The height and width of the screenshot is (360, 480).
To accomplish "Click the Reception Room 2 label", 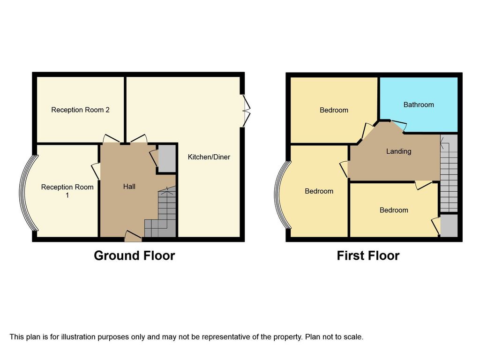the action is pyautogui.click(x=80, y=110).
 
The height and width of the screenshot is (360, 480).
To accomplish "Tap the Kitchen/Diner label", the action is pyautogui.click(x=209, y=157).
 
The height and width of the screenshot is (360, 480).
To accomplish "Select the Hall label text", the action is pyautogui.click(x=129, y=187).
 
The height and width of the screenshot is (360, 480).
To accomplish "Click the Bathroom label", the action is pyautogui.click(x=419, y=105).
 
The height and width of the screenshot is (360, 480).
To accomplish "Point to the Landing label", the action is pyautogui.click(x=398, y=151).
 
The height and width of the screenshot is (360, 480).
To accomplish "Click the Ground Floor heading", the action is pyautogui.click(x=135, y=255).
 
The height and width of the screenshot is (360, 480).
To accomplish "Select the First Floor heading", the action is pyautogui.click(x=368, y=255).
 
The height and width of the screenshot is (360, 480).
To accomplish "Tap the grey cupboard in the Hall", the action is pyautogui.click(x=167, y=158).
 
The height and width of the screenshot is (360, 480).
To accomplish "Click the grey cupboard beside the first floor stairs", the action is pyautogui.click(x=449, y=225).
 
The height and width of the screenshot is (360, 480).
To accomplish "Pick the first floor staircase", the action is pyautogui.click(x=449, y=173).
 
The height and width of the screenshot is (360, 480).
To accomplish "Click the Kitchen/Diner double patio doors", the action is pyautogui.click(x=247, y=111).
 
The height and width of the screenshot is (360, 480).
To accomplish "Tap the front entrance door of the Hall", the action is pyautogui.click(x=133, y=236).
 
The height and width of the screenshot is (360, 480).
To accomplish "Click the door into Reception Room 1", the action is pyautogui.click(x=96, y=171).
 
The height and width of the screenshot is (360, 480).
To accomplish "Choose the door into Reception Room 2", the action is pyautogui.click(x=111, y=139).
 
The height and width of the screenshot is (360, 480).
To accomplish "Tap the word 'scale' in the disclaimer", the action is pyautogui.click(x=354, y=337).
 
